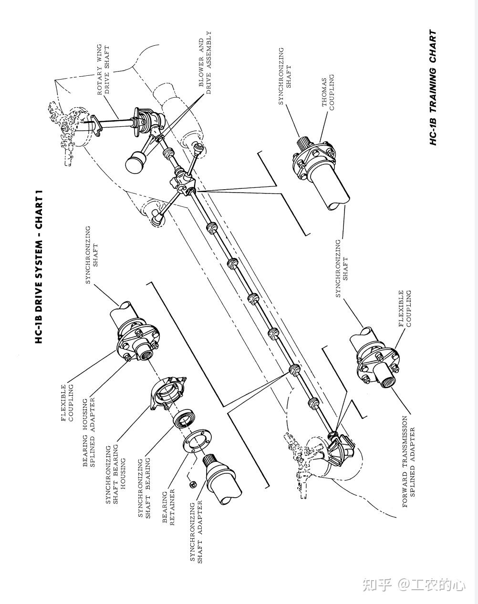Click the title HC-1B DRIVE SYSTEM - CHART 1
tap(40, 266)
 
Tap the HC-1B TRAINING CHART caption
tap(433, 88)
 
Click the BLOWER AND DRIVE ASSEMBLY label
tap(205, 63)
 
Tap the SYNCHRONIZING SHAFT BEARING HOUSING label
tap(115, 474)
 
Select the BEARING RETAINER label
tap(168, 507)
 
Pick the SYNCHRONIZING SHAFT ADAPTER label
tap(196, 531)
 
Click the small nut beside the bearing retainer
tap(193, 484)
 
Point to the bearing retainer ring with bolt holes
tap(196, 441)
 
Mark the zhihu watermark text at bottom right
tap(413, 584)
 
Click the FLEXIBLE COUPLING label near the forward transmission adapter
tap(405, 308)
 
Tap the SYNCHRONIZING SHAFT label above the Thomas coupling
tap(284, 76)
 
